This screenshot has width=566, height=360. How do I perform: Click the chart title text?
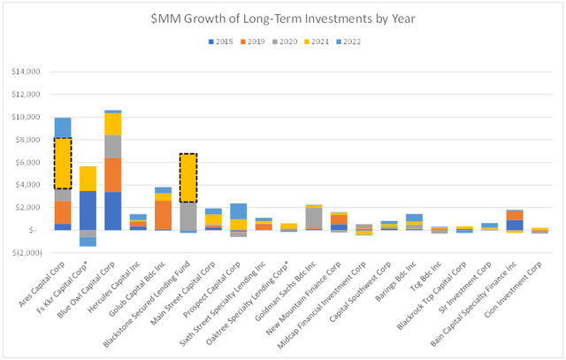pyautogui.click(x=282, y=18)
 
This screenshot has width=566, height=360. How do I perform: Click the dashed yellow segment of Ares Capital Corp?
pyautogui.click(x=62, y=163)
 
